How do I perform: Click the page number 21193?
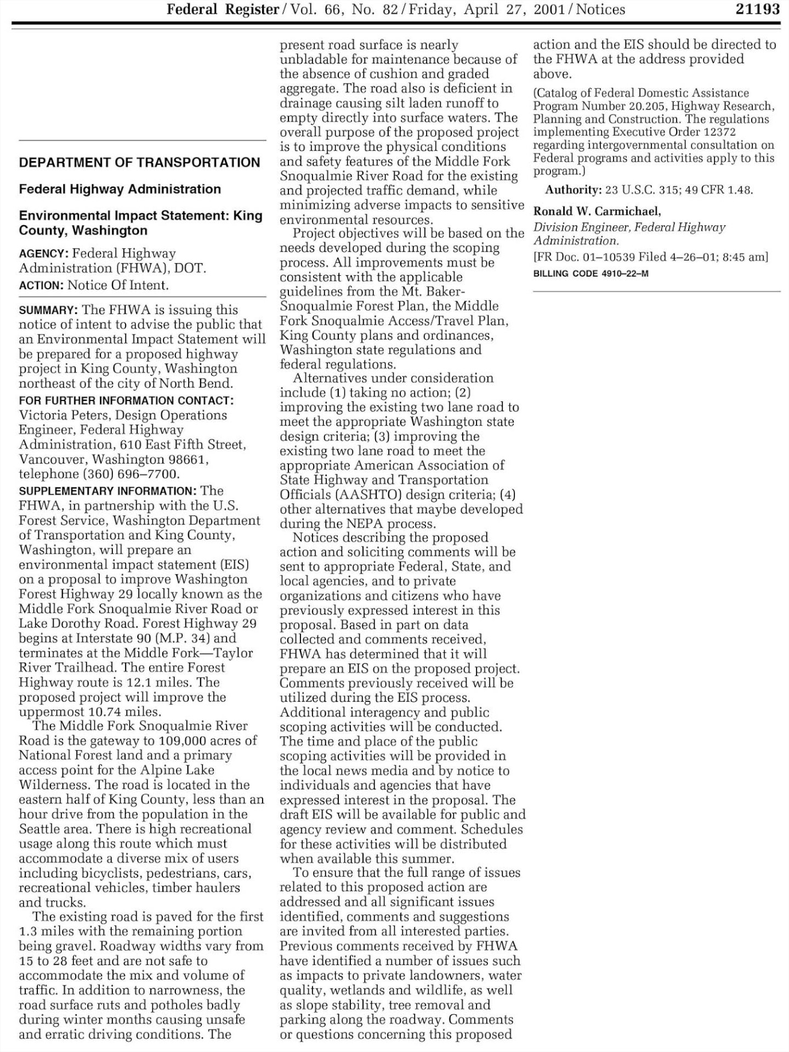coord(758,9)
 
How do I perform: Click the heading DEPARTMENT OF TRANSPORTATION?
coord(139,163)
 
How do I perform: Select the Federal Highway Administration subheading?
coord(120,190)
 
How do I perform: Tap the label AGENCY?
coord(43,254)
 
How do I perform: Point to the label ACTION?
coord(41,285)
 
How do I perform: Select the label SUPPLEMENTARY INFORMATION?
coord(107,491)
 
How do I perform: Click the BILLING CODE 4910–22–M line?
coord(591,273)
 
